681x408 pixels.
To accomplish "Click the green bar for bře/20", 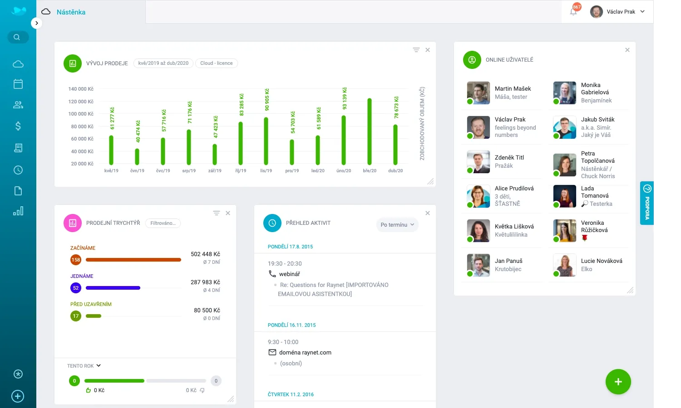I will [x=370, y=131].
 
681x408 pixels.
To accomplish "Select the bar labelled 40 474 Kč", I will [x=137, y=156].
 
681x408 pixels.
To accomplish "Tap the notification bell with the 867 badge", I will [x=574, y=11].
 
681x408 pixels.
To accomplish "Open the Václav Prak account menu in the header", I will [x=617, y=12].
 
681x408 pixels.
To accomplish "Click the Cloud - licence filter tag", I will [x=217, y=63].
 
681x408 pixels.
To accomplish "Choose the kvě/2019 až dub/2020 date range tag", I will [x=163, y=63].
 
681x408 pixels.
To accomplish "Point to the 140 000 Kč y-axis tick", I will [x=81, y=89].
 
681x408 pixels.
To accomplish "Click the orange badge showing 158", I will [x=76, y=260].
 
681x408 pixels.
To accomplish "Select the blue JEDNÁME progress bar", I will [x=113, y=288].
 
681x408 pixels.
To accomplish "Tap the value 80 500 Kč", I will [x=207, y=311].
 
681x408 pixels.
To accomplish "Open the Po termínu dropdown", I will [x=397, y=225].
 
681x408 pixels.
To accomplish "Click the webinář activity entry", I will [x=289, y=274].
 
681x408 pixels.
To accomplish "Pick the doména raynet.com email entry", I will [x=305, y=353].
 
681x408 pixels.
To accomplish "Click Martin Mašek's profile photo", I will [x=478, y=93].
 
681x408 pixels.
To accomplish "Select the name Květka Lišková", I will [x=514, y=227].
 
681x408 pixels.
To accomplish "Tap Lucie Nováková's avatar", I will [x=564, y=265].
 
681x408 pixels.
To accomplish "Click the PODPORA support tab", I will [x=647, y=203].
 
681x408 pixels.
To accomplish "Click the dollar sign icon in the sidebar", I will [x=18, y=126].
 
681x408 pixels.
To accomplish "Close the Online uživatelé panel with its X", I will [x=627, y=50].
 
